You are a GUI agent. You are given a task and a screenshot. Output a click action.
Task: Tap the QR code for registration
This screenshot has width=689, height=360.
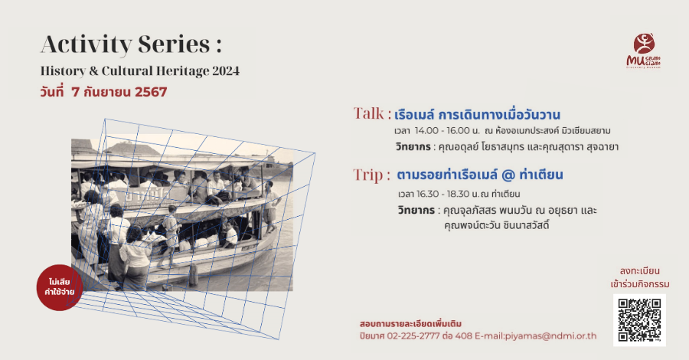(x=639, y=319)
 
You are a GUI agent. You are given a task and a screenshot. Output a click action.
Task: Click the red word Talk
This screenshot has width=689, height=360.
(x=371, y=114)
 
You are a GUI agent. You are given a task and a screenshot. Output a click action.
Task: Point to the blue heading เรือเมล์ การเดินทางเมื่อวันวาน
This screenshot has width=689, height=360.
(x=478, y=115)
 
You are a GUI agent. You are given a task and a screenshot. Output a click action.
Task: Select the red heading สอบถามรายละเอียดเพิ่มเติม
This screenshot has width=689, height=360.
(x=410, y=323)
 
